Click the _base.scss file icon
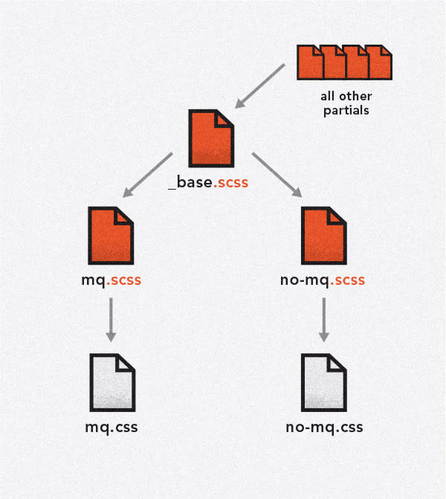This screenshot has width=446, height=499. (x=211, y=138)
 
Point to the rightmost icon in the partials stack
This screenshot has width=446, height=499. (x=380, y=62)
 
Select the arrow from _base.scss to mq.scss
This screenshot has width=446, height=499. (x=148, y=176)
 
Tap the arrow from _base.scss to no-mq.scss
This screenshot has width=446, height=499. (x=278, y=176)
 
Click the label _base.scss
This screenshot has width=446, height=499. (x=211, y=182)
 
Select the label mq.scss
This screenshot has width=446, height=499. (x=111, y=282)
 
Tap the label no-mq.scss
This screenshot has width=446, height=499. (x=324, y=282)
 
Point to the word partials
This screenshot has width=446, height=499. (x=346, y=110)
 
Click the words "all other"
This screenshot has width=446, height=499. (x=346, y=97)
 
